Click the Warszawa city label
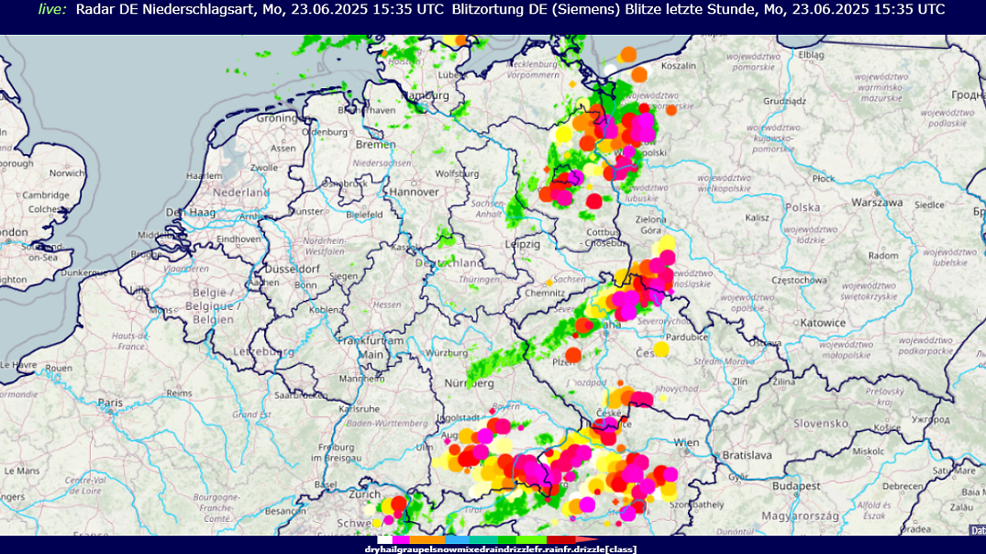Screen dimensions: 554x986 point(878,202)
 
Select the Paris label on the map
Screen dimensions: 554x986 point(111,403)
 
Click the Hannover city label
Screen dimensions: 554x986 point(413,192)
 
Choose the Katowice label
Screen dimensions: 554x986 point(822,323)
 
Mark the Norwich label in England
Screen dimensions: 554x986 point(67,172)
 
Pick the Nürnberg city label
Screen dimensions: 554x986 point(471,382)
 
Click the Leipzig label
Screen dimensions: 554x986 point(522,244)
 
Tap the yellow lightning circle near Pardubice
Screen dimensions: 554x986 point(661,349)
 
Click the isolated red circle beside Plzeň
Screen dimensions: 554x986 point(573,355)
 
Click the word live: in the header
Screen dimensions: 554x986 point(52,9)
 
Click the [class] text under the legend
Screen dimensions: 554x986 point(619,549)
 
